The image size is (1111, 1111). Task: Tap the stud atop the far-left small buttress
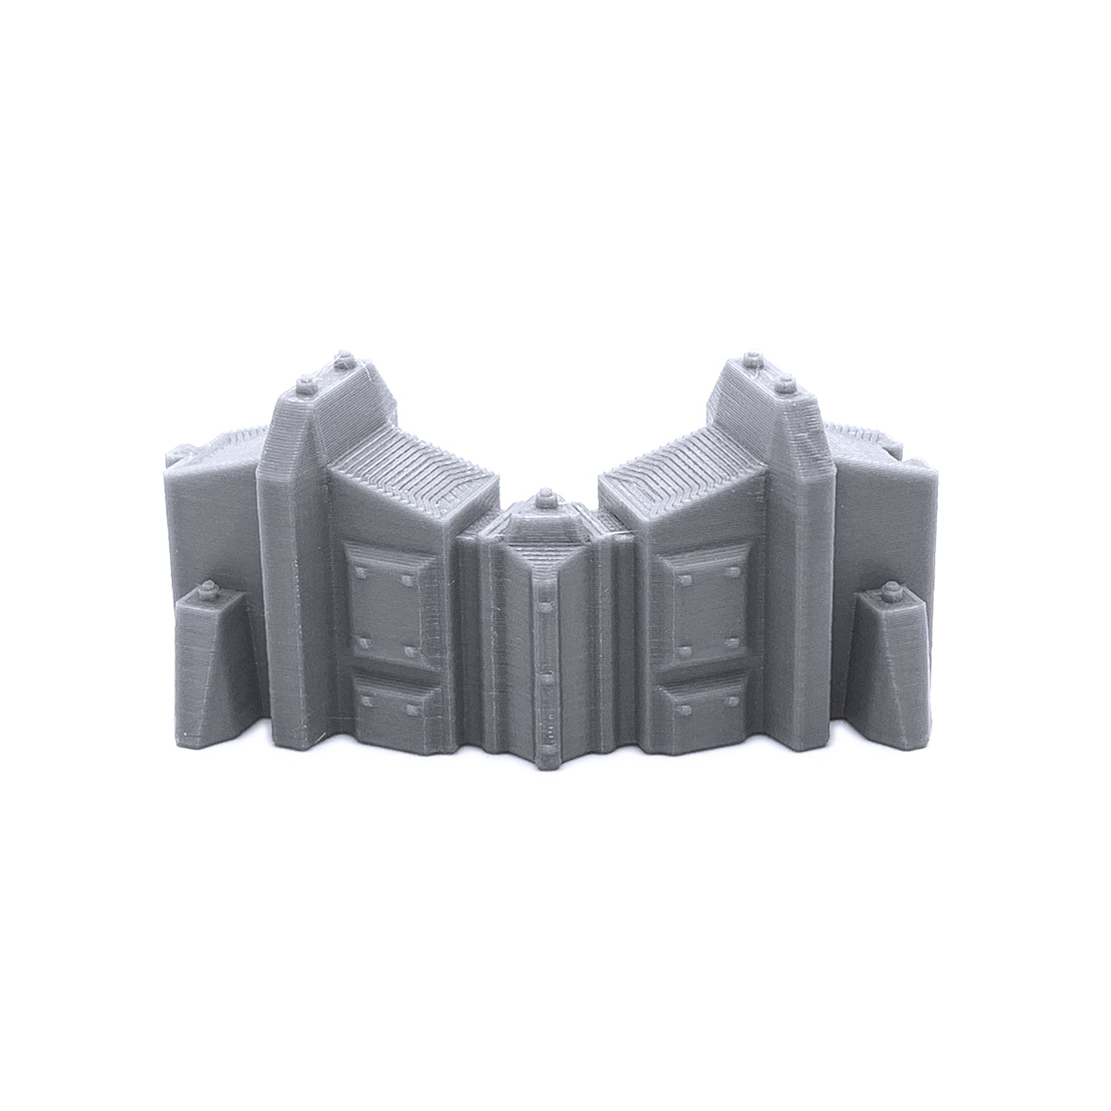pyautogui.click(x=207, y=591)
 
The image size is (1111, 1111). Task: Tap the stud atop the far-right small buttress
pyautogui.click(x=890, y=591)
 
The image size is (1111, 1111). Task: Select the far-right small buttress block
pyautogui.click(x=892, y=661)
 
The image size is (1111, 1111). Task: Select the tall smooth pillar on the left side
pyautogui.click(x=288, y=569)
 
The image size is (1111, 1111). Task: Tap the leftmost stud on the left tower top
pyautogui.click(x=305, y=382)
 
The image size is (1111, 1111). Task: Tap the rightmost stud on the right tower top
pyautogui.click(x=785, y=382)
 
